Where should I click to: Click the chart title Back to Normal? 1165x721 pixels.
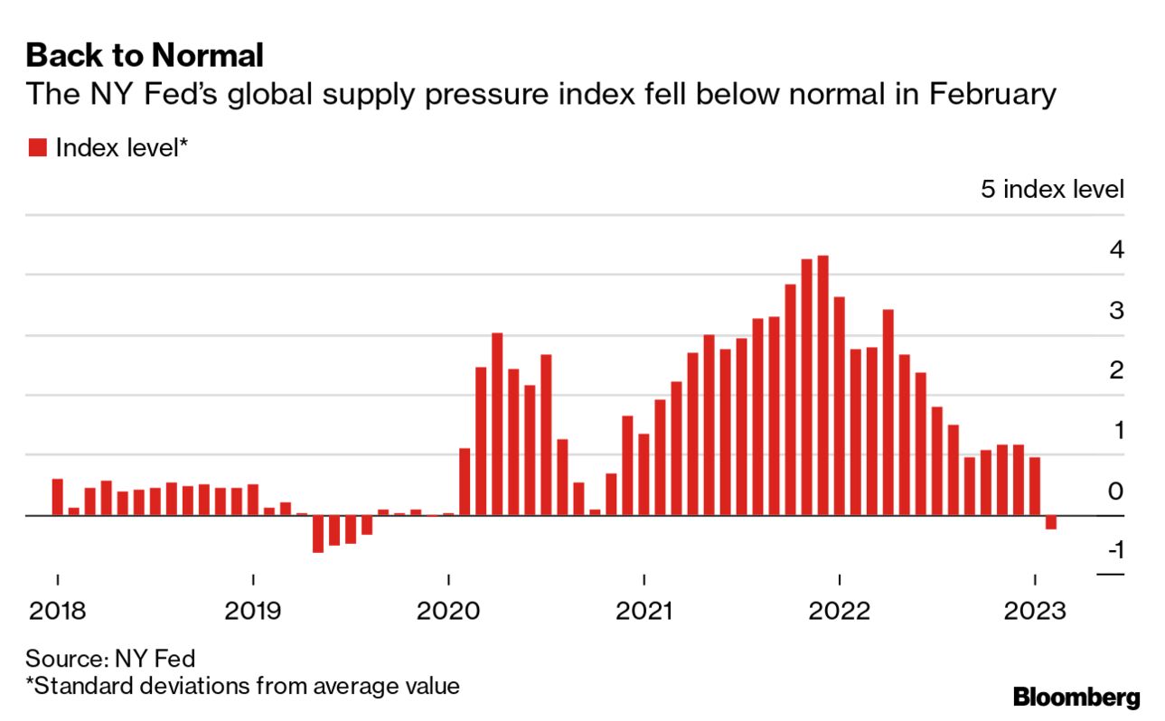[145, 56]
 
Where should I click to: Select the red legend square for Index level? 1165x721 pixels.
[37, 147]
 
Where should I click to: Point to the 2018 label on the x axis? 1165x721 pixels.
[57, 612]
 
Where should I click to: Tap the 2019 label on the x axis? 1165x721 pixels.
[253, 612]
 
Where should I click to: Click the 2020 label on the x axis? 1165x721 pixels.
[448, 612]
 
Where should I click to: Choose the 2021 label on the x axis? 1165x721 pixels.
[644, 612]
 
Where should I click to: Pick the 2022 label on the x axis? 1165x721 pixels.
[840, 612]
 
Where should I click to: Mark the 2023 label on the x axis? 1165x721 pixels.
[1036, 612]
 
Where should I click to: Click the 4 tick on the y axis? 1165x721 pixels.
[1117, 249]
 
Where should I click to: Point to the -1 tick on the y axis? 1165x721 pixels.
[1113, 549]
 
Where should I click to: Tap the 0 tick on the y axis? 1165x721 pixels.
[1117, 491]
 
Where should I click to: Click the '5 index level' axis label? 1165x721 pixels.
[1052, 190]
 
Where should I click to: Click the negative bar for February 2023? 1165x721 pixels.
[1051, 522]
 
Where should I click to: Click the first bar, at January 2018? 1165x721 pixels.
[58, 497]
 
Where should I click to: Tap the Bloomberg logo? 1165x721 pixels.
[1076, 698]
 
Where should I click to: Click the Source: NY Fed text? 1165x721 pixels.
[110, 657]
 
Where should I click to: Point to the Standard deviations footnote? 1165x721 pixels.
[242, 686]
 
